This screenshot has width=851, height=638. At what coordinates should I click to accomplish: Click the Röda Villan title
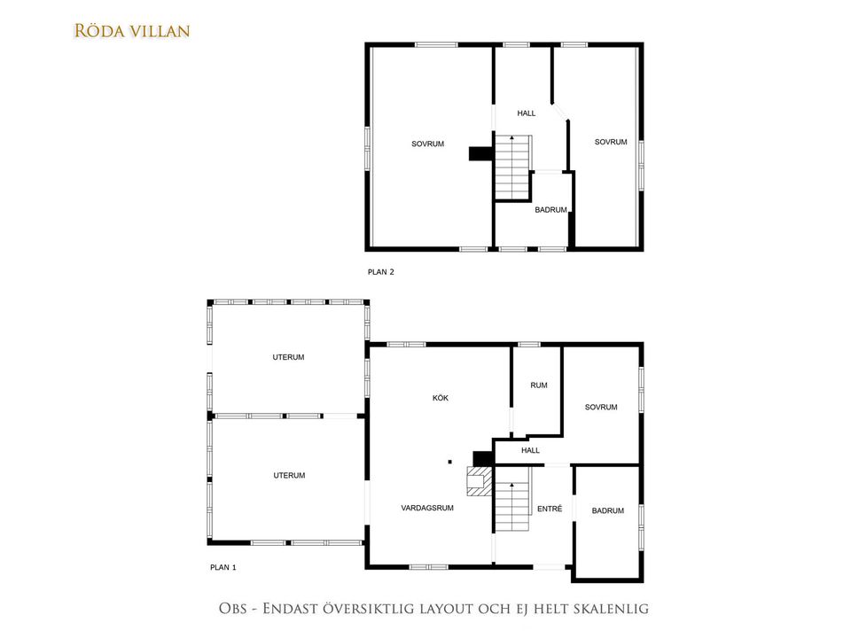coord(132,31)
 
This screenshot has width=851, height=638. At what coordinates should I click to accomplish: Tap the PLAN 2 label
coord(381,272)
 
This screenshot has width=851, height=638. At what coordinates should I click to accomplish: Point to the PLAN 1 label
coord(223,567)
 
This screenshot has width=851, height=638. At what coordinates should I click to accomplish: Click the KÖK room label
coord(441,398)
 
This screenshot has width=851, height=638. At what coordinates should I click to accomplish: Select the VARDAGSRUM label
coord(427,508)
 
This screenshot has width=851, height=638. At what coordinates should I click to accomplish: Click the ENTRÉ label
coord(550,509)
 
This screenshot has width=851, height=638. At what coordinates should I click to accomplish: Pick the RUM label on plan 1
coord(539,385)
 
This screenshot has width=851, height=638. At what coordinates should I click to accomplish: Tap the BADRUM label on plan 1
coord(608,510)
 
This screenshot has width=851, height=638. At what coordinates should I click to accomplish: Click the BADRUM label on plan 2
coord(550,209)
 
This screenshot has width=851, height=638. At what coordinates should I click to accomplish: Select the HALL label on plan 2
coord(527,113)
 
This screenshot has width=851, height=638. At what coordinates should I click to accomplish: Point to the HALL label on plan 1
coord(530,450)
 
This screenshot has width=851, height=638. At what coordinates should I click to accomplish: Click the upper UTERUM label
coord(288,357)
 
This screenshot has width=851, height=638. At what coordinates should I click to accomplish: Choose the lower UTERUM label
coord(289,475)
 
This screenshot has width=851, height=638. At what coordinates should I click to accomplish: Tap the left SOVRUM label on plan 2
coord(427,144)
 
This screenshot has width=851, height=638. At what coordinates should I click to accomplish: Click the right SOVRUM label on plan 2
coord(611,142)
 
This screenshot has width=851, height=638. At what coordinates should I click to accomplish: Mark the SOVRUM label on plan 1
coord(601,407)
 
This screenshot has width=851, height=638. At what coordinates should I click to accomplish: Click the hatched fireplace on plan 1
coord(479,481)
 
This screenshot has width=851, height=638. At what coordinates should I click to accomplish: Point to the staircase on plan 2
coord(513,167)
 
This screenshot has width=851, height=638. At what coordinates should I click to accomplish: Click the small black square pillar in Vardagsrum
coord(450,462)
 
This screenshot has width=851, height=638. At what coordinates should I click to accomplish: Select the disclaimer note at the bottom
coord(433,609)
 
